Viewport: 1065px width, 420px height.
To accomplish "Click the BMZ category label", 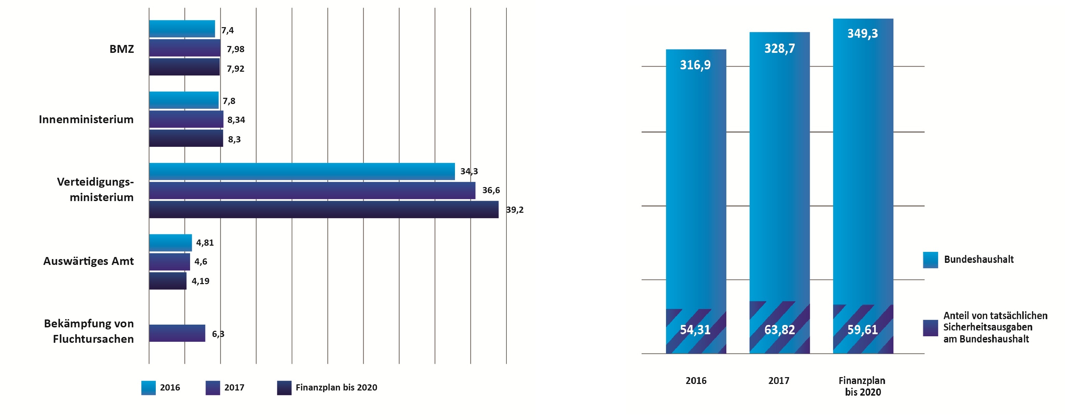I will (x=121, y=49).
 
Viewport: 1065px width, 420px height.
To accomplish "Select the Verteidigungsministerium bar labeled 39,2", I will (x=324, y=209).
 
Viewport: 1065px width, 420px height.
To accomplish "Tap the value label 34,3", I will (x=469, y=171).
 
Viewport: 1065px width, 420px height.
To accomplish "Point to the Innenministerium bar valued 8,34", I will (x=186, y=119).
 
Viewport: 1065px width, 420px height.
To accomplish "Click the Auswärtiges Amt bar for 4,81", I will (x=170, y=242).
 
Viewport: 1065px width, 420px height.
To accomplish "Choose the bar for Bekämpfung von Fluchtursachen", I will (x=177, y=333).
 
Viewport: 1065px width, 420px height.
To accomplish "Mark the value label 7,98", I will (x=235, y=49).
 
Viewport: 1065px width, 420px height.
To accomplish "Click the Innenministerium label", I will (x=86, y=119).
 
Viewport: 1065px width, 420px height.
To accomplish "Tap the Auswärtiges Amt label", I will (x=89, y=261).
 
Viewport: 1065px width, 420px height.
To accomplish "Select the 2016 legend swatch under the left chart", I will (x=149, y=388).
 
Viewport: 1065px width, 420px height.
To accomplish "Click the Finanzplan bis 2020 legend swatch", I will (x=284, y=388).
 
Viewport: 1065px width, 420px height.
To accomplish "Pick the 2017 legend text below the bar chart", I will (x=234, y=388).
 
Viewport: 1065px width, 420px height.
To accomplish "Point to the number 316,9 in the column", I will (x=695, y=65).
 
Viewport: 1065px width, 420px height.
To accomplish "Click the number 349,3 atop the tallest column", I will (x=863, y=34).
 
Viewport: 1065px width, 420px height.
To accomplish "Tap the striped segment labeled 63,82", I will (x=779, y=329).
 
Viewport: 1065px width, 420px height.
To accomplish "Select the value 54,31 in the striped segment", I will (x=695, y=329).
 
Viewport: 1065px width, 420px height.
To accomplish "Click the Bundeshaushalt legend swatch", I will (x=930, y=260).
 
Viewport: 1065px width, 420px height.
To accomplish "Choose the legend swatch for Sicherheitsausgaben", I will (x=930, y=328).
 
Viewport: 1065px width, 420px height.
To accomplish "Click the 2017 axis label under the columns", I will (x=779, y=381).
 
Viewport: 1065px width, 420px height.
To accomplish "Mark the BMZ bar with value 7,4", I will (x=182, y=29).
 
